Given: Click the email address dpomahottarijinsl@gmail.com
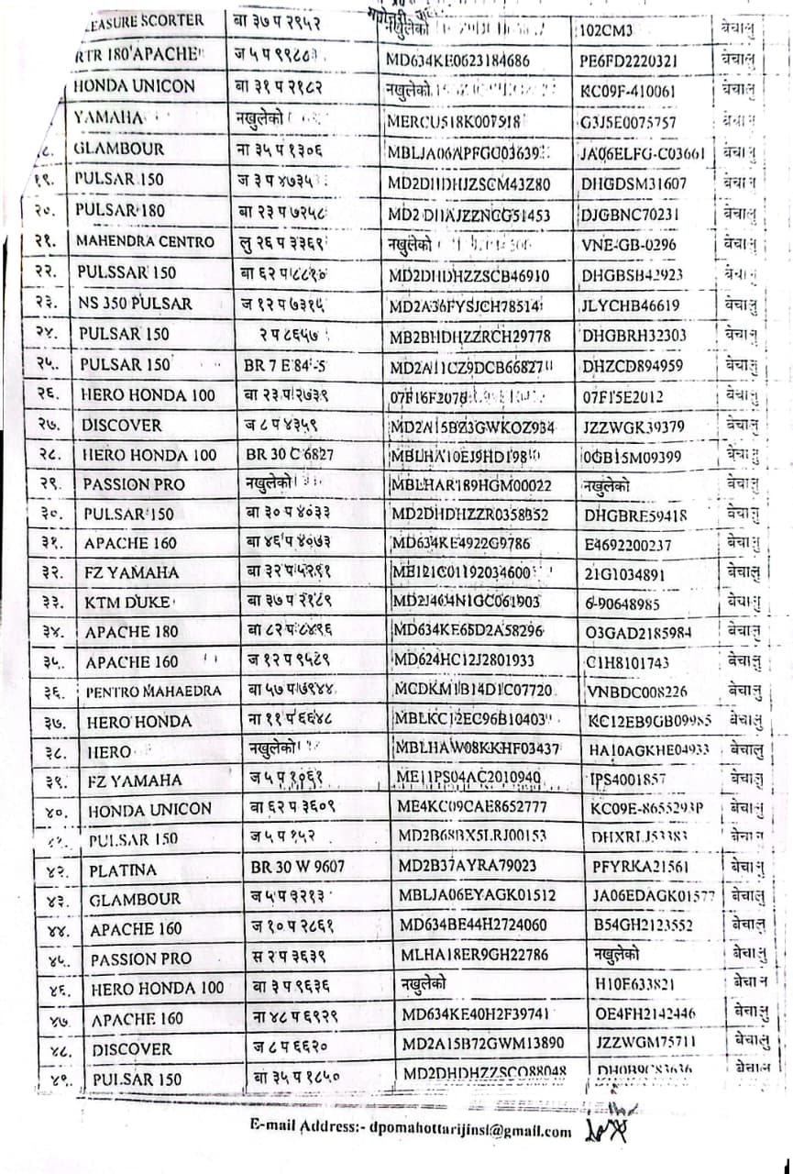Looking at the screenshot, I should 412,1132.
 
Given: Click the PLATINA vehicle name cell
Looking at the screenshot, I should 123,869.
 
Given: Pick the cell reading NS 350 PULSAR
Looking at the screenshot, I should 134,304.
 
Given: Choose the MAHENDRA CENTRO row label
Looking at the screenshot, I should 145,242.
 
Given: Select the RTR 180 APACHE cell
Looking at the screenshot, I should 137,54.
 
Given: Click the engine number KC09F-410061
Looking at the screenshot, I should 628,91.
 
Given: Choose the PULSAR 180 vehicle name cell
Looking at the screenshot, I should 120,210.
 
